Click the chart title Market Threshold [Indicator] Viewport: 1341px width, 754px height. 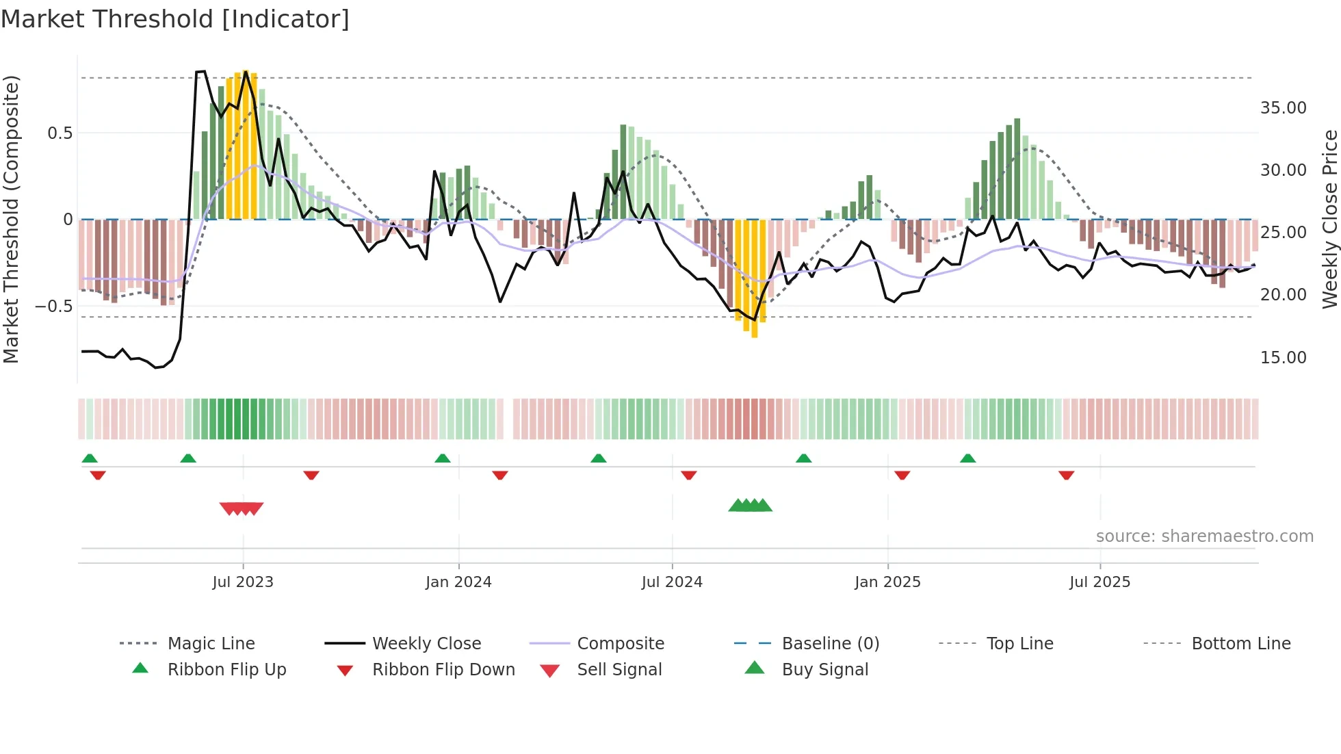[x=175, y=19]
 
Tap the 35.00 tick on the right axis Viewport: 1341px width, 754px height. [x=1283, y=108]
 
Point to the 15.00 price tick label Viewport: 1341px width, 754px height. [x=1283, y=358]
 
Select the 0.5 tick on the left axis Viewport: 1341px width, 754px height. [x=60, y=133]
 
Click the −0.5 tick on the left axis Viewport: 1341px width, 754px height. [x=54, y=307]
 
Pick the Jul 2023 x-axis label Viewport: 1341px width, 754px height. [x=243, y=582]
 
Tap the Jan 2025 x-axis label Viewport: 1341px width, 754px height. [x=887, y=582]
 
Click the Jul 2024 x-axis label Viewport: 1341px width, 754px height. [x=672, y=582]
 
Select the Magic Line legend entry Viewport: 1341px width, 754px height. [x=211, y=644]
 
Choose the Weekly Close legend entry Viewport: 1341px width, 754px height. [x=426, y=644]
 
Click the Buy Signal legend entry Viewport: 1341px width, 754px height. [x=824, y=670]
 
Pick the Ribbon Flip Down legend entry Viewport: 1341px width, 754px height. [x=443, y=670]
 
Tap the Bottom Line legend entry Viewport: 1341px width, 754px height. [x=1240, y=644]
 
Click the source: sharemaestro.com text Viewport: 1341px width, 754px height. [x=1204, y=536]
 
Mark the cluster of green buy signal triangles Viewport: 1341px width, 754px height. [x=751, y=506]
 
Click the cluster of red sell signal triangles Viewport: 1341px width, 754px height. [x=242, y=508]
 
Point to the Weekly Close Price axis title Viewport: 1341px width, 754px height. [x=1329, y=219]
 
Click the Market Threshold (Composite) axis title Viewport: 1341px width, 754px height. [x=11, y=219]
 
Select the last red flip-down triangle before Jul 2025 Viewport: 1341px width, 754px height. [x=1066, y=475]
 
